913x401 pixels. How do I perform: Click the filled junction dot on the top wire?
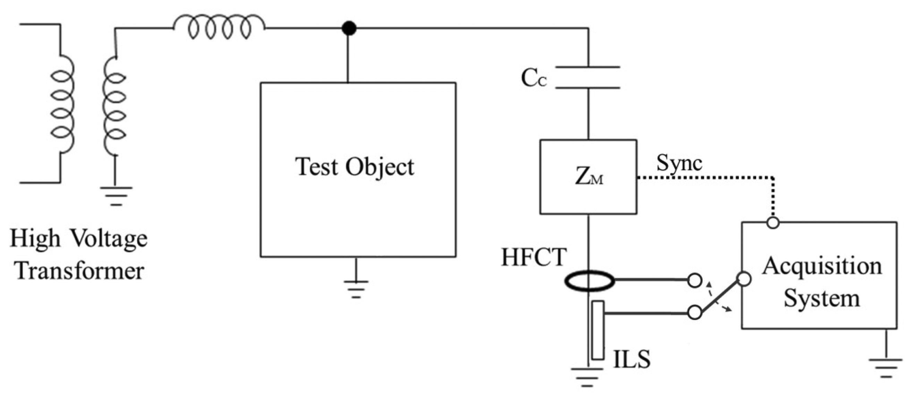point(349,28)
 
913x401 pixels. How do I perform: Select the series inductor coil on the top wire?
point(219,27)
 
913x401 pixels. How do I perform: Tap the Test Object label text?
point(355,167)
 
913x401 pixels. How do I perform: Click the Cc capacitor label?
point(534,79)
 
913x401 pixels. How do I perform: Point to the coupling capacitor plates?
point(588,77)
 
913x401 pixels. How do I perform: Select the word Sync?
point(679,163)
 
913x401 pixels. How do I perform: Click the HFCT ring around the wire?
point(588,281)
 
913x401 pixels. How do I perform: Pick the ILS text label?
point(632,359)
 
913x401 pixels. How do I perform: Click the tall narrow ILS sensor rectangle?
point(598,330)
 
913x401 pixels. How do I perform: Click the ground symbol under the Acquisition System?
point(885,367)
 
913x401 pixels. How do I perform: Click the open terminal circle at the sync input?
point(773,223)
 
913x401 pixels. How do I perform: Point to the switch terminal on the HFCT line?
point(695,280)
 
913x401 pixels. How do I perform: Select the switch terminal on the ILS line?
point(695,313)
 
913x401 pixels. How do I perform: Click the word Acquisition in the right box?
point(822,266)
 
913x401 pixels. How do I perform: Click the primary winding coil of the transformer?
point(63,105)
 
